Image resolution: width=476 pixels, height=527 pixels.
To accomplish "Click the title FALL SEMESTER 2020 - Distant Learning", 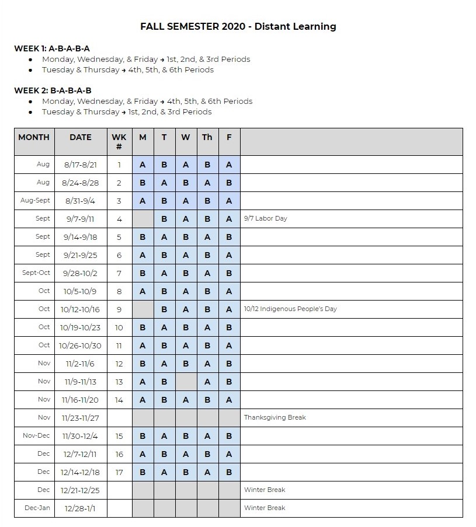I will click(238, 26).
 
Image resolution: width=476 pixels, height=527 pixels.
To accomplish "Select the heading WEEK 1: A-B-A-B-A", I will click(52, 48).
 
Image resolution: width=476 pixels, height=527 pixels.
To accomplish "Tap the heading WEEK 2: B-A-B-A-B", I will click(53, 90).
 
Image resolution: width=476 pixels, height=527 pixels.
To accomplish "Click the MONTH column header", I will click(34, 138).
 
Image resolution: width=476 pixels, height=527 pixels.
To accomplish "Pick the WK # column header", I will click(119, 142).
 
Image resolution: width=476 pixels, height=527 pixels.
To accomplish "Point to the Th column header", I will click(207, 138).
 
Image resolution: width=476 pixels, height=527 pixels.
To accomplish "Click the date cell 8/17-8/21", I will click(81, 165).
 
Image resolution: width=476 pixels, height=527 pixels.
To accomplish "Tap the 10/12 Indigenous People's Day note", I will click(290, 309).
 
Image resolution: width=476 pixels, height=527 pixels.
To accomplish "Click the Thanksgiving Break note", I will click(275, 418).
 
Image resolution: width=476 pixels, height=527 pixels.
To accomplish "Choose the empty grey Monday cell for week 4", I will click(143, 219).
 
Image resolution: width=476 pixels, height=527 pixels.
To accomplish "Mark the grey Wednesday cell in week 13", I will click(186, 382).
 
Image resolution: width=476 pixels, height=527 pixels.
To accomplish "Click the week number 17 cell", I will click(119, 472).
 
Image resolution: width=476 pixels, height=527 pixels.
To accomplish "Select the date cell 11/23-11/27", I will click(81, 418).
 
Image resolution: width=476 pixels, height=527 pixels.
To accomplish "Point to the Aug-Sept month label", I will click(35, 201).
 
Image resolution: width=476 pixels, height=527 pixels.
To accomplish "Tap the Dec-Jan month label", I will click(37, 508).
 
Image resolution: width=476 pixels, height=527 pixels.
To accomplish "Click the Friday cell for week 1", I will click(229, 165).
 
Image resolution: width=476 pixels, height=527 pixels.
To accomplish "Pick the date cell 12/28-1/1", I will click(81, 508).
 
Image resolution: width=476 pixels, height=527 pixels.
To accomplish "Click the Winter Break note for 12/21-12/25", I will click(265, 490).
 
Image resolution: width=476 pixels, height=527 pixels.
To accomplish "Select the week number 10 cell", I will click(119, 327).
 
